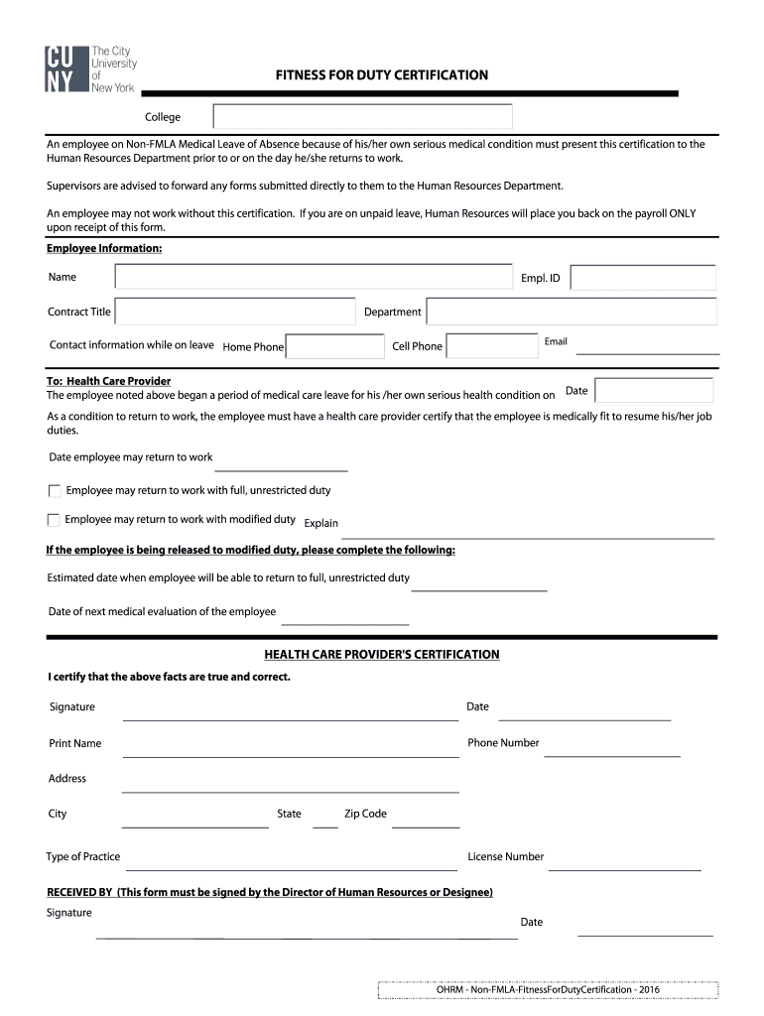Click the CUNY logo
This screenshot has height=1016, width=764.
[90, 69]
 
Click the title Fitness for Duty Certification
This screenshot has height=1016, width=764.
[382, 75]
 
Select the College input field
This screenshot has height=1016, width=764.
[362, 117]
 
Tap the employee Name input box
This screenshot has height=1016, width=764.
[313, 278]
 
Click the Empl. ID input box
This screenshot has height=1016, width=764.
[643, 278]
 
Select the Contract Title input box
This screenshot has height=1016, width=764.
[235, 312]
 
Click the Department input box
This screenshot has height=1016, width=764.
[571, 312]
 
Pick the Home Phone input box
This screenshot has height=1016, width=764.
[335, 346]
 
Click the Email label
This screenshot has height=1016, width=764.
[556, 341]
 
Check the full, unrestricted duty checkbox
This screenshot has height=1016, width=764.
[55, 490]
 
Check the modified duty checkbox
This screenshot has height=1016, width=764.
[54, 520]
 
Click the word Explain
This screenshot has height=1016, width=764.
[320, 523]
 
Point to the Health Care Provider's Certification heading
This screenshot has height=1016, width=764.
[382, 655]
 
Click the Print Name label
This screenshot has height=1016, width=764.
[75, 743]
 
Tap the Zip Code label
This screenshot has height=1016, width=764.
[365, 814]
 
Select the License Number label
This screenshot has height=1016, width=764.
[506, 856]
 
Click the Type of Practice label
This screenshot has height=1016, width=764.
[83, 856]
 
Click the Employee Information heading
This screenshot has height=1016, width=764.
[104, 248]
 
